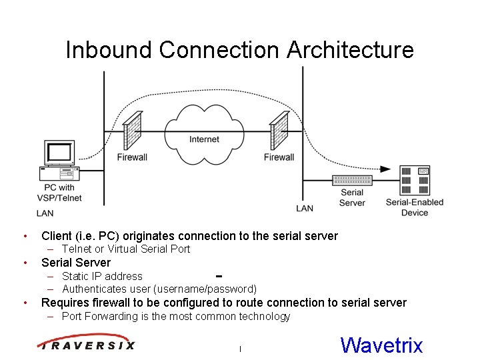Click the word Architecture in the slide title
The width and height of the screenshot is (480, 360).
350,50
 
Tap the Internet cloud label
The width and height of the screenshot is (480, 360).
204,139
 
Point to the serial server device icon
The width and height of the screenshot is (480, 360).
352,179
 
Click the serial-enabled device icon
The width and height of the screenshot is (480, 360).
415,180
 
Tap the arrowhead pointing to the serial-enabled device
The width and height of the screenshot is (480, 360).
385,170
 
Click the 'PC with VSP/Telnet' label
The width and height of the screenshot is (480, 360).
59,193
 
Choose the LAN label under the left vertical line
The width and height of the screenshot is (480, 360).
45,213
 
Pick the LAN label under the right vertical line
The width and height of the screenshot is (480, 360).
305,208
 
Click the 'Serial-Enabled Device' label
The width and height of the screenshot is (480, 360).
415,207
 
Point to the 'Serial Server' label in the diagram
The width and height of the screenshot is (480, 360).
352,198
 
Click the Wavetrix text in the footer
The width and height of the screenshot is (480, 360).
381,345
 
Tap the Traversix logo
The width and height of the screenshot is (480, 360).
87,344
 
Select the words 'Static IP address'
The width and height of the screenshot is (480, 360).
102,276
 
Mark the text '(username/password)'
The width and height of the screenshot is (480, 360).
205,289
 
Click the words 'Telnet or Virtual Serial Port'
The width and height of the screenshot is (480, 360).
126,249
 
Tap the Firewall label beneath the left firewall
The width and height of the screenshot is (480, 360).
132,157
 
